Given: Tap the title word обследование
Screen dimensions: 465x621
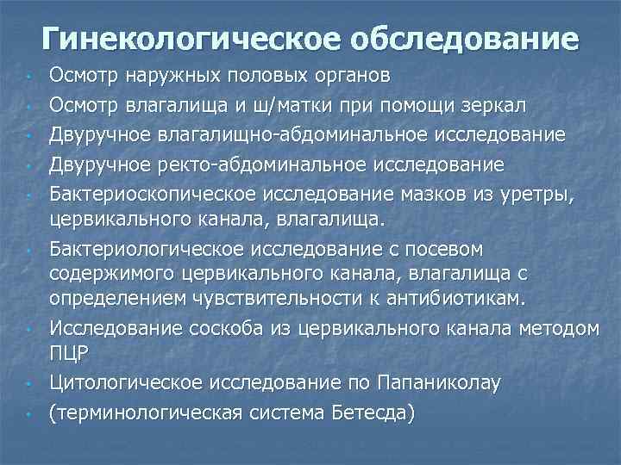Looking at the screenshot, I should click(x=461, y=39).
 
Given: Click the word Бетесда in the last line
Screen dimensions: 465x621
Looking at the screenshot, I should click(x=370, y=412).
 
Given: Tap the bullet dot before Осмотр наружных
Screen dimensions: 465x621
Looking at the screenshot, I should click(x=29, y=78).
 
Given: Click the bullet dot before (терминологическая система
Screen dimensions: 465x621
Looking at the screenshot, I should click(x=29, y=415).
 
